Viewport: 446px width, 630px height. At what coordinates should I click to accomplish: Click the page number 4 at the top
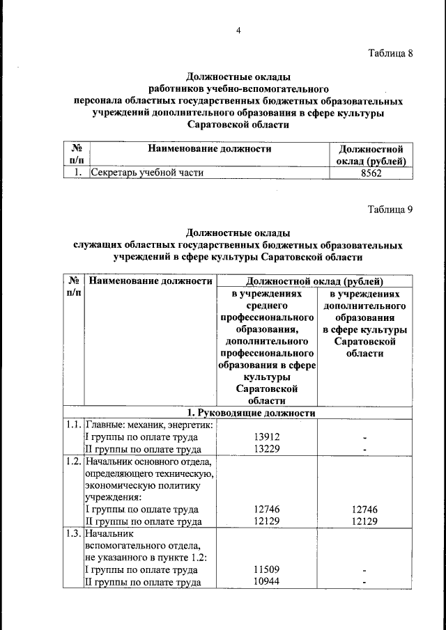[x=238, y=31]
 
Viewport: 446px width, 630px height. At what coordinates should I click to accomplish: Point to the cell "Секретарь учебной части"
[x=146, y=174]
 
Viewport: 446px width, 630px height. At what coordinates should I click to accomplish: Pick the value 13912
[x=267, y=437]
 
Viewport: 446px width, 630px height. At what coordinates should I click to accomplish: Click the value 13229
[x=267, y=449]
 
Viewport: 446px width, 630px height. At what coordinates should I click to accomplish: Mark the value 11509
[x=267, y=570]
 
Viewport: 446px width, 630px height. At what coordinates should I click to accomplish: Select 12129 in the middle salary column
[x=267, y=521]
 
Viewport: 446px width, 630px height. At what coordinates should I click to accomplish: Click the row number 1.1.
[x=73, y=425]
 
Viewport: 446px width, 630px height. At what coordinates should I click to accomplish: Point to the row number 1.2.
[x=73, y=462]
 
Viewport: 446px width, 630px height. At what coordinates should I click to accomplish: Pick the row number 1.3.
[x=73, y=534]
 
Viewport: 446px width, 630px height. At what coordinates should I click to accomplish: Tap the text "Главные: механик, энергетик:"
[x=149, y=425]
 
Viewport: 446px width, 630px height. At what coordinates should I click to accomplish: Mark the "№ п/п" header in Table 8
[x=77, y=155]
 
